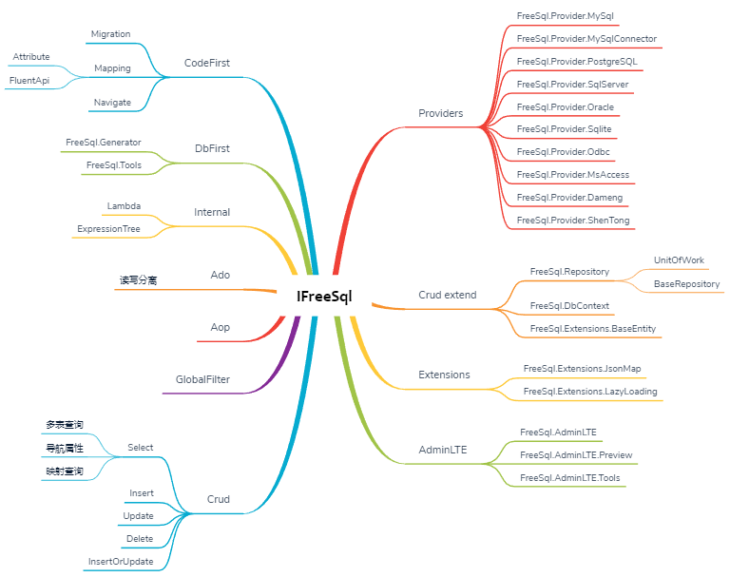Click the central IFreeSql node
pos(324,296)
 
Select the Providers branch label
pos(440,113)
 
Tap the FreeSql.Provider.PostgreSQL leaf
pos(577,62)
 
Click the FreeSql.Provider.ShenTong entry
pos(573,221)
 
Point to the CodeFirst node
pos(206,64)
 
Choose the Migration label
pos(110,34)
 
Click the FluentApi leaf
pos(29,81)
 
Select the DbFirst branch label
pos(212,148)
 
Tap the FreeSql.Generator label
pos(104,143)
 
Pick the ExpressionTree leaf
pos(108,229)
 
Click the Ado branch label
pos(220,276)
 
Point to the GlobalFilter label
pos(202,379)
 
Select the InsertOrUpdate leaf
pos(120,561)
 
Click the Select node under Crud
pos(140,448)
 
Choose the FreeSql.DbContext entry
pos(569,306)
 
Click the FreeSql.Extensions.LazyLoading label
pos(589,391)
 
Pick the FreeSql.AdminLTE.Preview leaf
pos(576,455)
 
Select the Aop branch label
pos(220,328)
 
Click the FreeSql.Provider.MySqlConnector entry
pos(586,39)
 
